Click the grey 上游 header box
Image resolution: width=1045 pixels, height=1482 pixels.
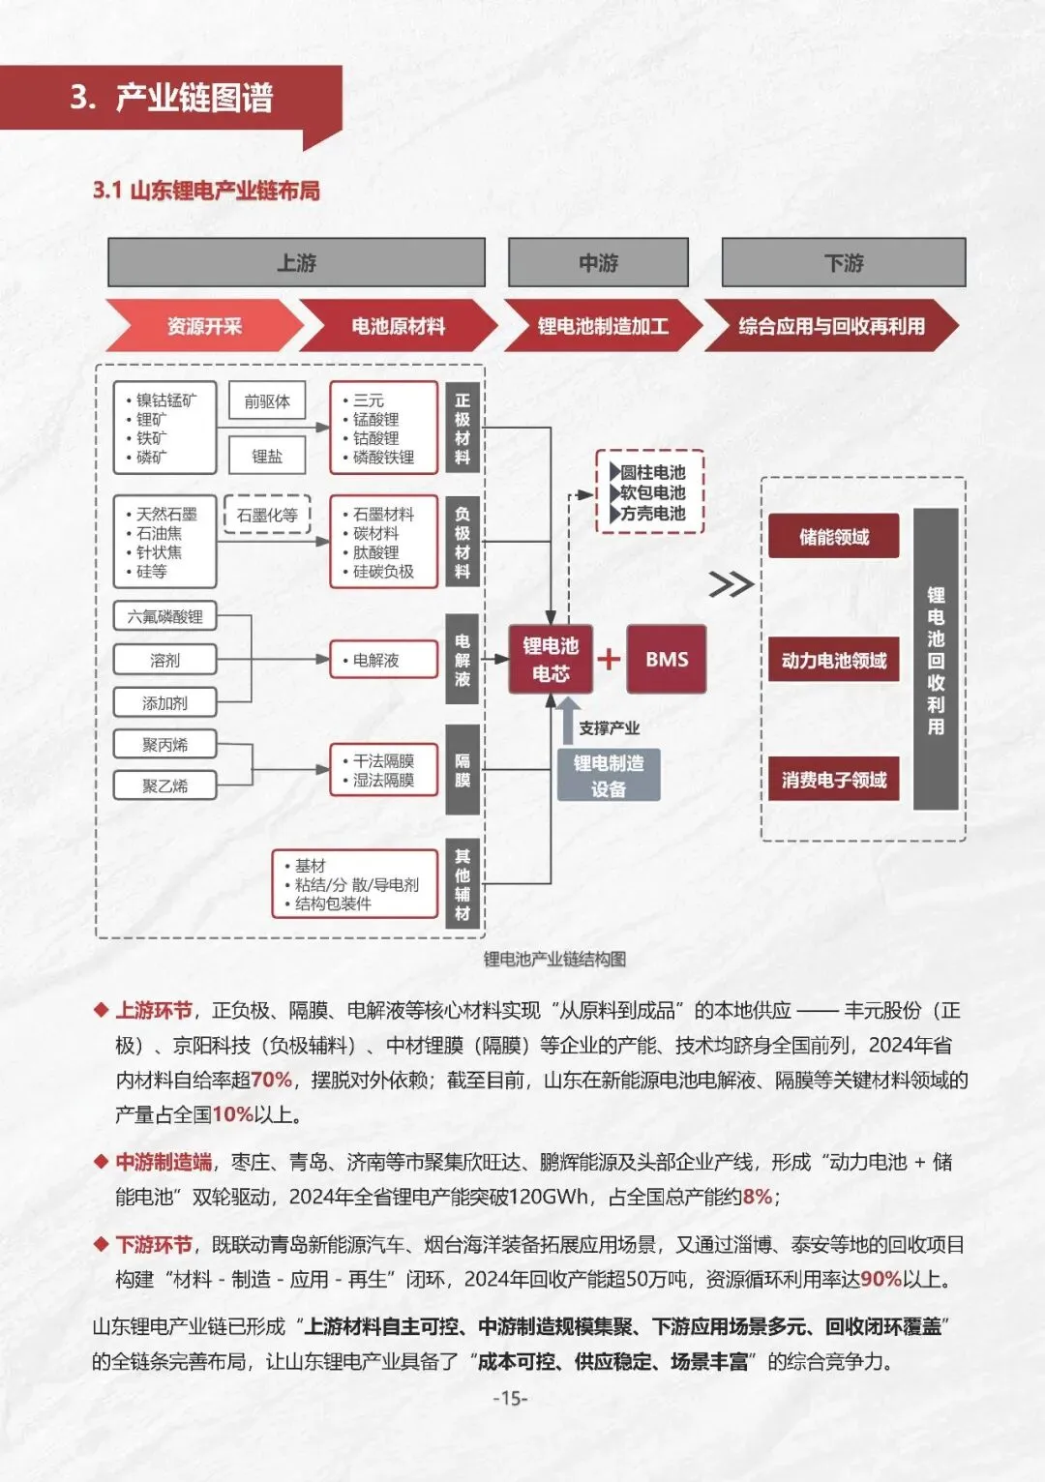pyautogui.click(x=296, y=262)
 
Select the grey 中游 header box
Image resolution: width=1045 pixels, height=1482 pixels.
pyautogui.click(x=598, y=262)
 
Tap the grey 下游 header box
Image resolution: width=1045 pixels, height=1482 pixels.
pyautogui.click(x=844, y=262)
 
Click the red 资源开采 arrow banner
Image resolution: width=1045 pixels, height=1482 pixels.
pyautogui.click(x=204, y=326)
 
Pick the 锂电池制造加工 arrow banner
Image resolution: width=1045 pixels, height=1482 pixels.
pyautogui.click(x=602, y=326)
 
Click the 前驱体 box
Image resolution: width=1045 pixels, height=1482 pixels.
pyautogui.click(x=267, y=400)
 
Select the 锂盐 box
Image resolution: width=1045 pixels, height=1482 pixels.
pyautogui.click(x=267, y=456)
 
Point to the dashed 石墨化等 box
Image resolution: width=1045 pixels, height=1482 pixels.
pyautogui.click(x=267, y=515)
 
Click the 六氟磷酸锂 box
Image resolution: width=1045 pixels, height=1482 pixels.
pyautogui.click(x=165, y=616)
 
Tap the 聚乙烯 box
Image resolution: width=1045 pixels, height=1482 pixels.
pyautogui.click(x=165, y=785)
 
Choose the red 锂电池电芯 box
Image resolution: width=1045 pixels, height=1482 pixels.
pyautogui.click(x=551, y=659)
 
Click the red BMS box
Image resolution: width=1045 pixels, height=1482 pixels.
pyautogui.click(x=667, y=659)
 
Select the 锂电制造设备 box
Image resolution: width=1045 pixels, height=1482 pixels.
pyautogui.click(x=609, y=775)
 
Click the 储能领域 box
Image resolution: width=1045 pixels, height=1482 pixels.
pyautogui.click(x=834, y=536)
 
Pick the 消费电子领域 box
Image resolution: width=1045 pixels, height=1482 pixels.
pyautogui.click(x=834, y=780)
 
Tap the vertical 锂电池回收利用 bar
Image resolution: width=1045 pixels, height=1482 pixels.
pyautogui.click(x=936, y=659)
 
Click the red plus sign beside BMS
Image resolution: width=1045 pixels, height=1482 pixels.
pyautogui.click(x=609, y=659)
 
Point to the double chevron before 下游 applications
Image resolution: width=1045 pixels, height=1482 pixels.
pyautogui.click(x=731, y=584)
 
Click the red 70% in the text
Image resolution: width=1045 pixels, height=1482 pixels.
pyautogui.click(x=271, y=1080)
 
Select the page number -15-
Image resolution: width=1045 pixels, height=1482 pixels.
pyautogui.click(x=511, y=1398)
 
